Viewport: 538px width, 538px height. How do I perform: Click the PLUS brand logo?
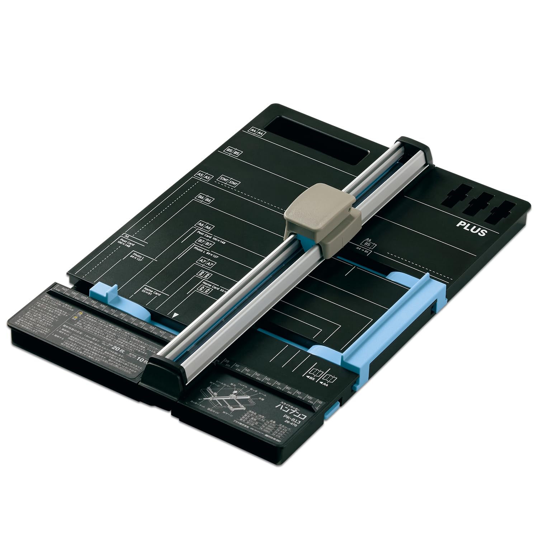[471, 228]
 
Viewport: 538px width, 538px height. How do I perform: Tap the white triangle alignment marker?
[175, 315]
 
